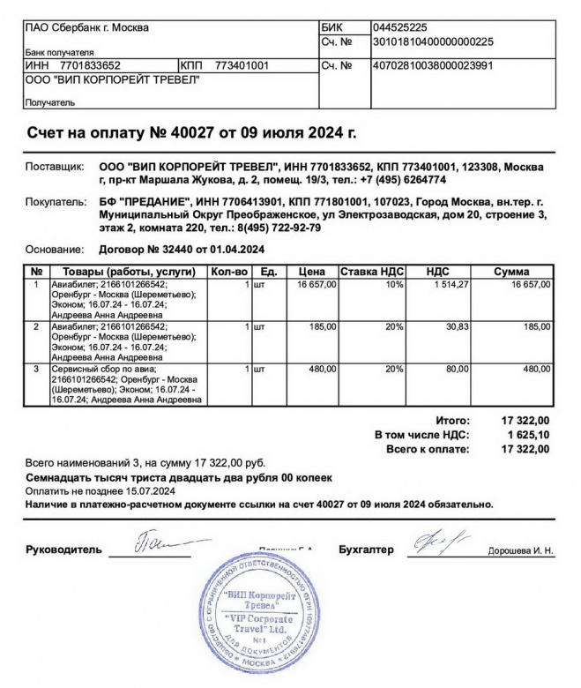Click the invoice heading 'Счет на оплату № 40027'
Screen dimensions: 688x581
point(192,133)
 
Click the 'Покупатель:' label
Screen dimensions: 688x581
point(56,203)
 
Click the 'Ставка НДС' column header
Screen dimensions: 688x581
point(371,272)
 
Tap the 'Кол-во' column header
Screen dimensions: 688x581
point(232,272)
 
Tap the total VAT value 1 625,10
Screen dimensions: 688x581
point(528,435)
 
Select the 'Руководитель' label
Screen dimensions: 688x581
point(64,550)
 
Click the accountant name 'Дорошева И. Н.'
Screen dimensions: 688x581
point(521,551)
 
